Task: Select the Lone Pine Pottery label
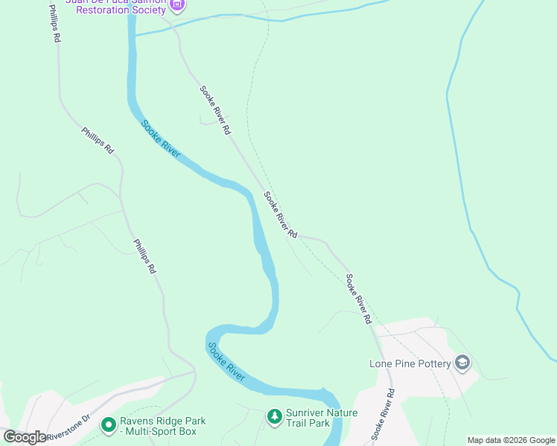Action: pyautogui.click(x=410, y=363)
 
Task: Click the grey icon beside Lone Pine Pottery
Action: pyautogui.click(x=462, y=363)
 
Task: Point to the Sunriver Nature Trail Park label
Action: pyautogui.click(x=322, y=418)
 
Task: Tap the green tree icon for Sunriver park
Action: pyautogui.click(x=275, y=417)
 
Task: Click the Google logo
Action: pyautogui.click(x=25, y=437)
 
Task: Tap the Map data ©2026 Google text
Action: pyautogui.click(x=511, y=440)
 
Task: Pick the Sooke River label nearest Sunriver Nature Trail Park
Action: pyautogui.click(x=226, y=362)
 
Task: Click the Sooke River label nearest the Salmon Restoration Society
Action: pyautogui.click(x=161, y=138)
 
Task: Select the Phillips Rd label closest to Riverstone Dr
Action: pyautogui.click(x=144, y=256)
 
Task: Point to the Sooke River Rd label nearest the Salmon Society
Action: pyautogui.click(x=215, y=110)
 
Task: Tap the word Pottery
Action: pyautogui.click(x=430, y=363)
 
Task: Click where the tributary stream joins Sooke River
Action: pyautogui.click(x=135, y=35)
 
